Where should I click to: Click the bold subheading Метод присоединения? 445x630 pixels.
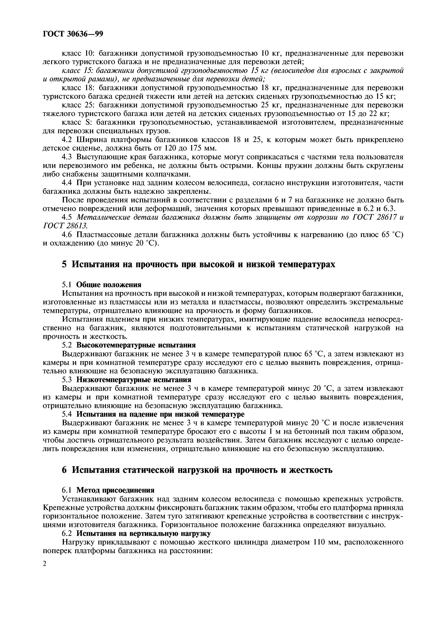pyautogui.click(x=115, y=490)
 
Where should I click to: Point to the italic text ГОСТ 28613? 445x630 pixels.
pyautogui.click(x=65, y=226)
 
